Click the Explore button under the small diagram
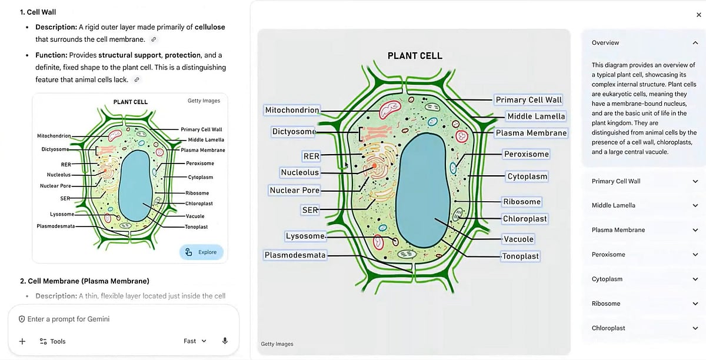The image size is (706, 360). pyautogui.click(x=201, y=252)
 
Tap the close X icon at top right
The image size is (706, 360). pyautogui.click(x=698, y=15)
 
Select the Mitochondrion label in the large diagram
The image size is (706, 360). pyautogui.click(x=292, y=110)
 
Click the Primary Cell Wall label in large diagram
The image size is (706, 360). pyautogui.click(x=528, y=100)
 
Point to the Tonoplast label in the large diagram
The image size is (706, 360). pyautogui.click(x=521, y=256)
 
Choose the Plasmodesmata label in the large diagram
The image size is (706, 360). pyautogui.click(x=295, y=255)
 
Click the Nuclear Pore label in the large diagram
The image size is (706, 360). pyautogui.click(x=294, y=191)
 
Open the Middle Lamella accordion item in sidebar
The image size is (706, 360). pyautogui.click(x=645, y=205)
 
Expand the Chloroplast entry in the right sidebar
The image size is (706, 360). pyautogui.click(x=645, y=328)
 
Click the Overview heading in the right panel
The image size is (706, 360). pyautogui.click(x=605, y=43)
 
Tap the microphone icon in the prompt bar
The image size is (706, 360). pyautogui.click(x=225, y=341)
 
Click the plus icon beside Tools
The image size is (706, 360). pyautogui.click(x=22, y=341)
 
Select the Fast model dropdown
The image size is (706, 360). pyautogui.click(x=195, y=341)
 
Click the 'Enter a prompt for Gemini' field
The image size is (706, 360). pyautogui.click(x=118, y=319)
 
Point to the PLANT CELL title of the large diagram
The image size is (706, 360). pyautogui.click(x=415, y=56)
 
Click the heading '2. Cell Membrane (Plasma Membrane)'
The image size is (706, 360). pyautogui.click(x=84, y=281)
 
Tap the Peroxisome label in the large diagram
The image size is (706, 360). pyautogui.click(x=526, y=154)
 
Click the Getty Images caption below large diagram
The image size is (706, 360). pyautogui.click(x=277, y=344)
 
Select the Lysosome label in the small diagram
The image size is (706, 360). pyautogui.click(x=62, y=214)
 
